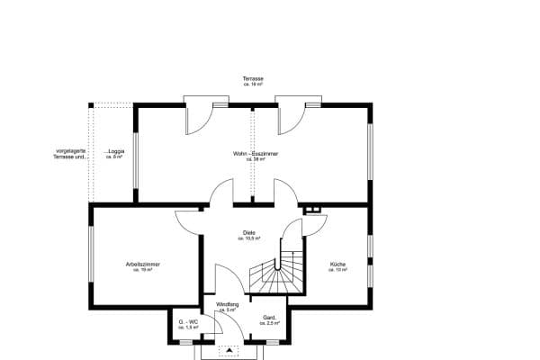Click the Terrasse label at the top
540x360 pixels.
pos(253,79)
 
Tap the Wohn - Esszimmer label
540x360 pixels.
pos(256,154)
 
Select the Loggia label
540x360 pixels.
pos(113,151)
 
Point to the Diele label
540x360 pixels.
pos(249,232)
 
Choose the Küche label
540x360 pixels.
pos(337,264)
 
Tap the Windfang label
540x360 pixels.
pos(227,304)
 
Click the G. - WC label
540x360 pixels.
pos(187,322)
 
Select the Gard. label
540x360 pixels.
pos(268,318)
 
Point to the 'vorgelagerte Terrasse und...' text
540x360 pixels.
pos(72,154)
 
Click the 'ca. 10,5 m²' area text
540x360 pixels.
pos(249,238)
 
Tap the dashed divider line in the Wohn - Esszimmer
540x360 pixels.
pos(253,153)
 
